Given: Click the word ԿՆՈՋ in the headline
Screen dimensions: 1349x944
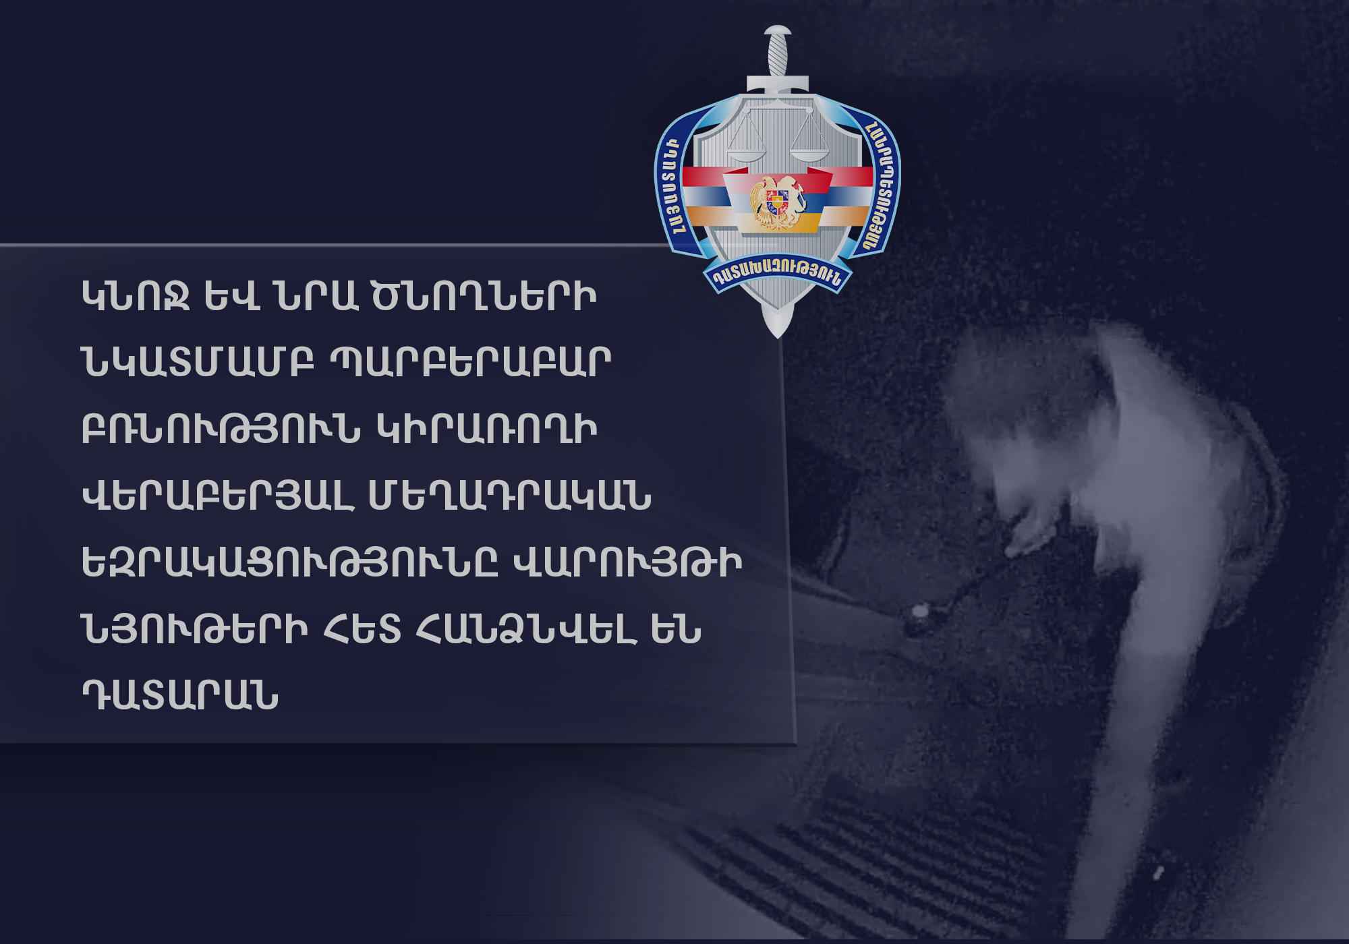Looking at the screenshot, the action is click(135, 297).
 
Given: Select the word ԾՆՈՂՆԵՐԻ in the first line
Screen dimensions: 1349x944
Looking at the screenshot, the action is click(484, 297).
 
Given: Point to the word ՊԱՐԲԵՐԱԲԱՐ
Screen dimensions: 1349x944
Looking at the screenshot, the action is click(471, 362).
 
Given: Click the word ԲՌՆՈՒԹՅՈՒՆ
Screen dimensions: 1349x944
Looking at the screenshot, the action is click(221, 429).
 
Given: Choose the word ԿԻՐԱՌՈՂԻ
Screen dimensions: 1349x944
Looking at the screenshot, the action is click(487, 429).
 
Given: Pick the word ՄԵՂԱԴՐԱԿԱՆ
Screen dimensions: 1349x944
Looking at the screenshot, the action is click(510, 496).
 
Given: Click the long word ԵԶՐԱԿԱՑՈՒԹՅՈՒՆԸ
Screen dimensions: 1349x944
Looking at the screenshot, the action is click(289, 562).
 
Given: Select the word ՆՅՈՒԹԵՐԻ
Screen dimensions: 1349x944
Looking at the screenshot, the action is click(194, 629).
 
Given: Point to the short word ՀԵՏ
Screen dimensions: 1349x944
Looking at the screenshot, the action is click(362, 629).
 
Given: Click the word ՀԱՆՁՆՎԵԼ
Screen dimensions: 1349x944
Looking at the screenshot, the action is click(527, 629).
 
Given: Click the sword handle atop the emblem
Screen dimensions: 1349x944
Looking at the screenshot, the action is click(778, 52).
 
